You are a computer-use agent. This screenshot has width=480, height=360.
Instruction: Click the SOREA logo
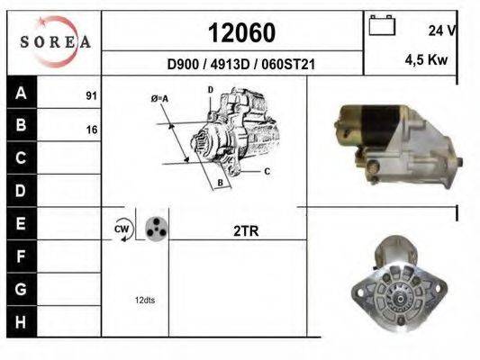point(55,41)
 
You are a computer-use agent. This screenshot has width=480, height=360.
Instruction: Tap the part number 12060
point(242,32)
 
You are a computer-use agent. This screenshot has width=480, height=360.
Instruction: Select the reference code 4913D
point(231,64)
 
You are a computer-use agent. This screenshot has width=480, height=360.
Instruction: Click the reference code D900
point(183,64)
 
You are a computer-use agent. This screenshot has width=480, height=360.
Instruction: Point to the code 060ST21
point(288,64)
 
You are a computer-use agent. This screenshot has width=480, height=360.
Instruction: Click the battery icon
point(382,25)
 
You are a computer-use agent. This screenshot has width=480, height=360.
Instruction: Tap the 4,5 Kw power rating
point(426,59)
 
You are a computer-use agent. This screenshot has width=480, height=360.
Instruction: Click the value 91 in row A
point(92,95)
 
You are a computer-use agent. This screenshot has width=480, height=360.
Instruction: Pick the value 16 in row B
point(92,130)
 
